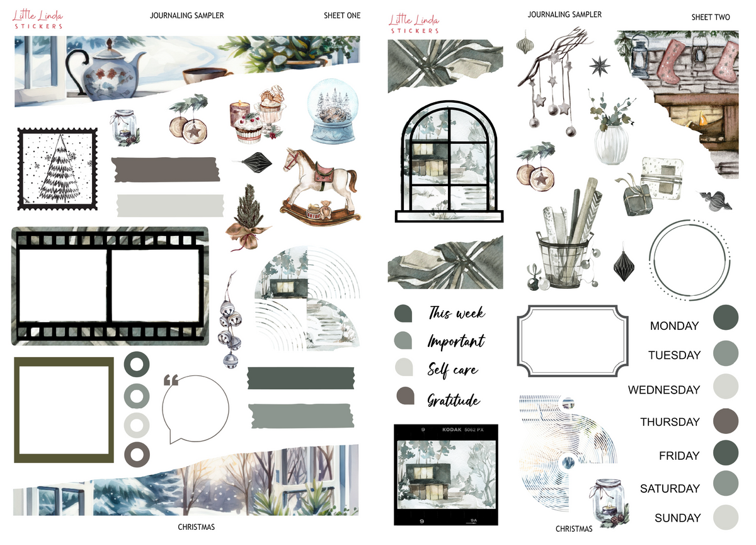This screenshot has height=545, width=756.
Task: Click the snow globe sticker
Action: pos(333,111)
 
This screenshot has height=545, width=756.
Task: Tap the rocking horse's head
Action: pos(294,159)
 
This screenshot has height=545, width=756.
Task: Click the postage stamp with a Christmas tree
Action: pos(57,169)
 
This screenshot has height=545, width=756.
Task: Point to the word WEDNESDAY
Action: pos(664,390)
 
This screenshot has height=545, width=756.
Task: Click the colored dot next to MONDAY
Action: pos(726,317)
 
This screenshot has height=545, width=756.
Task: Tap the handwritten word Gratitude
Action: pos(454,401)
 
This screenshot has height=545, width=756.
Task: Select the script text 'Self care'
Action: pos(452,370)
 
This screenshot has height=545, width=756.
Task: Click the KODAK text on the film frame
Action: pos(452,430)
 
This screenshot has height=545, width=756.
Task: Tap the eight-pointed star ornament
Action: pos(599,66)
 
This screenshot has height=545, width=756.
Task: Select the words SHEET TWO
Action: pos(711,17)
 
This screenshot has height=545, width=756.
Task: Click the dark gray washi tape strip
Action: pos(165,169)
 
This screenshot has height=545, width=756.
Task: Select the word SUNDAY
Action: pos(678,518)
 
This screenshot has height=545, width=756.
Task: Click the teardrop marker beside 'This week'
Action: pos(403,314)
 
